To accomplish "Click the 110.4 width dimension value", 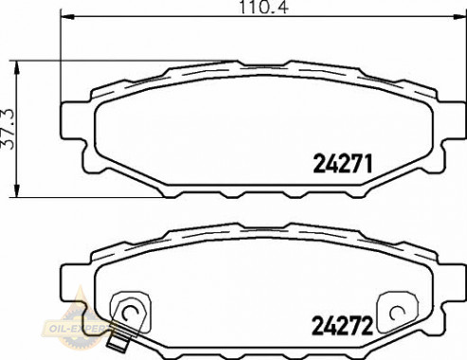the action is pyautogui.click(x=263, y=7).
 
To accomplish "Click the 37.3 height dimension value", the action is pyautogui.click(x=8, y=129).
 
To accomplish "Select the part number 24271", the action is pyautogui.click(x=343, y=164).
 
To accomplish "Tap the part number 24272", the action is pyautogui.click(x=342, y=326).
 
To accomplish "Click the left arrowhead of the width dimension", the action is pyautogui.click(x=67, y=16).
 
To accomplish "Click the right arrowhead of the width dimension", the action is pyautogui.click(x=459, y=16).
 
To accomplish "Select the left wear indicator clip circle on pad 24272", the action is pyautogui.click(x=130, y=313).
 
